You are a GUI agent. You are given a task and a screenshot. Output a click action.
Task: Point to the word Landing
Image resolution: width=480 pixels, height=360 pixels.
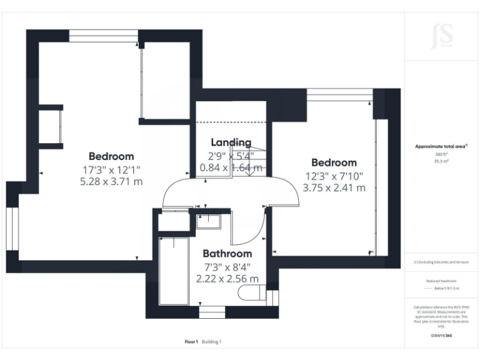coord(231,142)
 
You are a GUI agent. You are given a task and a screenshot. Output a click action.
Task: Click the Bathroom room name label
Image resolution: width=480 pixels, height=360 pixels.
coord(227,254)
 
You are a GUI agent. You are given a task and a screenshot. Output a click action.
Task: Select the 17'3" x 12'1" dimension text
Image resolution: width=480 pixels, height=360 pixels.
coord(111,169)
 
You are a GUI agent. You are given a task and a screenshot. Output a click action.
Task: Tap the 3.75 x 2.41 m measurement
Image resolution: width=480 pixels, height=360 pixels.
coord(334,187)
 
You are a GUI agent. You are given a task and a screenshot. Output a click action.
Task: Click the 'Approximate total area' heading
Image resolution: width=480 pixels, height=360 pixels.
coord(441,146)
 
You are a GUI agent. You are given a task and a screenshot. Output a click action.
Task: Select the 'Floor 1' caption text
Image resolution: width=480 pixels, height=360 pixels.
coord(191,342)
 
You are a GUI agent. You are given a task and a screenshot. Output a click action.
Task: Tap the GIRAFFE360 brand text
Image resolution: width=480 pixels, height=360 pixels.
coord(441,335)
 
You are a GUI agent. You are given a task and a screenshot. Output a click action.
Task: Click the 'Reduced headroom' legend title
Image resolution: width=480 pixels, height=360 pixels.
coord(441,281)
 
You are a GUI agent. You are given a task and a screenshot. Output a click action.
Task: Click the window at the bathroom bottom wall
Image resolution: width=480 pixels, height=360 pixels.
coord(212,311)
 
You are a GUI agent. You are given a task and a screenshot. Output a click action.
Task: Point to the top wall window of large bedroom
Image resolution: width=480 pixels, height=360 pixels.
coord(102,38)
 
